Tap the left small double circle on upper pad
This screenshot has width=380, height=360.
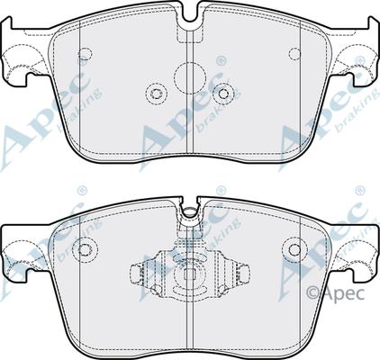155,94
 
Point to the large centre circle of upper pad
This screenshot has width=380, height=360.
190,79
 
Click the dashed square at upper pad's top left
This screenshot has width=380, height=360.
86,53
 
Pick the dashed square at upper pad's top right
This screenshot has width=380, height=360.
294,53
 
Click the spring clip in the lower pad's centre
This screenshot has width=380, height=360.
190,270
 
